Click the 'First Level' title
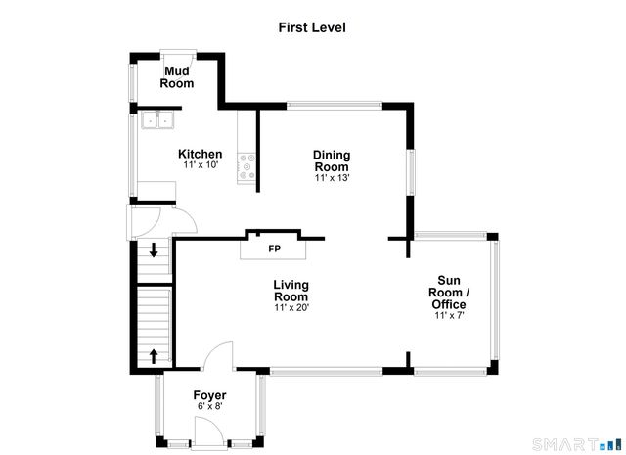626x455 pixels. (x=312, y=27)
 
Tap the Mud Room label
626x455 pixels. (x=178, y=77)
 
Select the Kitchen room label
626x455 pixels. (x=200, y=154)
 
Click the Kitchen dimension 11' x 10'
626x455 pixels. (x=200, y=165)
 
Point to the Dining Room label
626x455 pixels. (x=332, y=160)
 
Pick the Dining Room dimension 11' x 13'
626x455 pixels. (x=332, y=178)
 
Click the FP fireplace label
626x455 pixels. (x=275, y=249)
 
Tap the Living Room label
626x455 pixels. (x=291, y=291)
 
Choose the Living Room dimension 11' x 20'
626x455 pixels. (x=291, y=308)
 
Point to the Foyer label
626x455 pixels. (x=209, y=395)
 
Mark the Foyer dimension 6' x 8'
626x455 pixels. (x=209, y=407)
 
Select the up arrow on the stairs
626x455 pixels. (x=154, y=354)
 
